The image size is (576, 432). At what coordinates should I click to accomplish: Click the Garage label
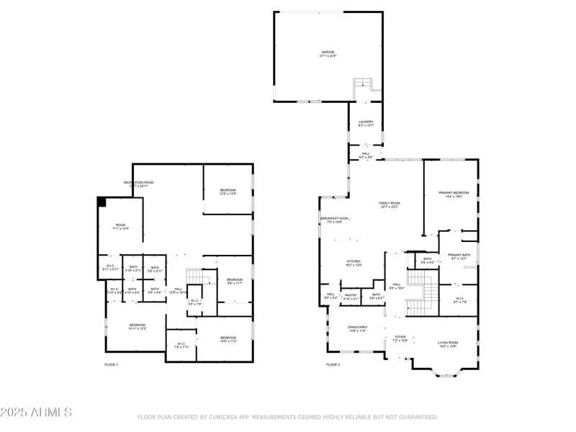click(x=328, y=53)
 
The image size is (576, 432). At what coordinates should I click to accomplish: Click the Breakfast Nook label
click(x=335, y=220)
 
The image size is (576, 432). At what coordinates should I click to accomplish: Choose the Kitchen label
click(x=354, y=263)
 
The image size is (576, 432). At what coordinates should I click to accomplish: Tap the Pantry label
click(x=351, y=296)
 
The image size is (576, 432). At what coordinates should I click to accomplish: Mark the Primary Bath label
click(x=459, y=256)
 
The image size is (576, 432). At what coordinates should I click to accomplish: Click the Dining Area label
click(x=358, y=328)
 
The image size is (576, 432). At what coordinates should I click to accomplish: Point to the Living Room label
click(x=448, y=344)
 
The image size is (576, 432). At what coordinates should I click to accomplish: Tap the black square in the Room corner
click(x=102, y=202)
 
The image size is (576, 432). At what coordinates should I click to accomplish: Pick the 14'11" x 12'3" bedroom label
click(x=137, y=327)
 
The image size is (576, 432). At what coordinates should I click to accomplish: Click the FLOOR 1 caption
click(x=112, y=365)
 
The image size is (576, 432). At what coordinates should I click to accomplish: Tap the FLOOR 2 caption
click(x=333, y=365)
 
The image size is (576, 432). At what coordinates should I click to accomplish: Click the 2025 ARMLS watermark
click(x=36, y=413)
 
